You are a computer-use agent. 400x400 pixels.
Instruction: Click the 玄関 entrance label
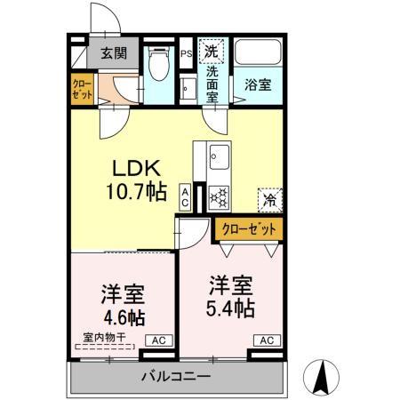(x=113, y=52)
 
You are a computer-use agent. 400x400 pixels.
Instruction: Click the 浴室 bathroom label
(x=258, y=86)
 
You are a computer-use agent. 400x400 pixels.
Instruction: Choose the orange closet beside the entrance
(x=82, y=92)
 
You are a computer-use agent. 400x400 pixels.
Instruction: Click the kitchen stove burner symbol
(x=219, y=194)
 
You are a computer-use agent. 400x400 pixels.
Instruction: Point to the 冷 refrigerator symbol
(x=269, y=201)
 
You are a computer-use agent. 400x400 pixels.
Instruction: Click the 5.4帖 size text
(x=229, y=308)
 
